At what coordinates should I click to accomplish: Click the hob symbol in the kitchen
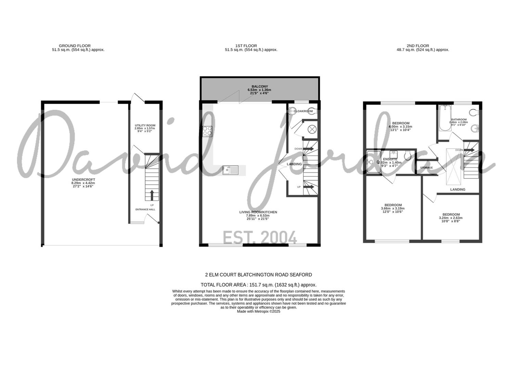[207, 131]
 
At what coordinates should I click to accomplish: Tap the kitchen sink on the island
[230, 169]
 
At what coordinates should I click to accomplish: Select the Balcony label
[260, 87]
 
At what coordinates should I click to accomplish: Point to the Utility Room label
[145, 125]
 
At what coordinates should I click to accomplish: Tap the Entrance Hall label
[145, 209]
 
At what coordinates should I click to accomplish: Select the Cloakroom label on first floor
[303, 111]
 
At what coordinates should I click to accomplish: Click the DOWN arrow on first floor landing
[308, 149]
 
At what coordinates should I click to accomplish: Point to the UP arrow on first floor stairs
[309, 187]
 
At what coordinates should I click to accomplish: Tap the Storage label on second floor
[426, 168]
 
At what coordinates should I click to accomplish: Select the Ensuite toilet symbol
[407, 156]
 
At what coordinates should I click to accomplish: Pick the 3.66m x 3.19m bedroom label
[393, 205]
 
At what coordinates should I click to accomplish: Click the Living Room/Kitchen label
[258, 212]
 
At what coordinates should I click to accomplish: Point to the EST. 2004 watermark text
[260, 237]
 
